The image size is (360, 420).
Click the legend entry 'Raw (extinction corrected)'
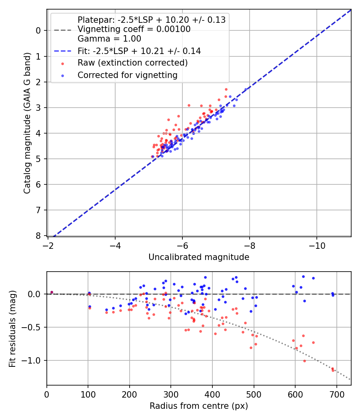pyautogui.click(x=132, y=63)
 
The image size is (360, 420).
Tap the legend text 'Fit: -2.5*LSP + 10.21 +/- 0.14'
pyautogui.click(x=139, y=51)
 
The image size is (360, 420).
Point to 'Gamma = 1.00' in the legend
pyautogui.click(x=109, y=39)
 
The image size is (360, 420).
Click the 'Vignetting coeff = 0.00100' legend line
pyautogui.click(x=134, y=29)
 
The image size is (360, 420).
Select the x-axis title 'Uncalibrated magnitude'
pyautogui.click(x=199, y=257)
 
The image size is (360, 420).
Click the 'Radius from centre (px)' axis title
pyautogui.click(x=199, y=406)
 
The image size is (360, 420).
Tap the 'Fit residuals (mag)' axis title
pyautogui.click(x=12, y=328)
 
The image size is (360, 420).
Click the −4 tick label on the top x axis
pyautogui.click(x=115, y=244)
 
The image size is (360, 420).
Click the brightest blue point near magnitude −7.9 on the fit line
pyautogui.click(x=246, y=90)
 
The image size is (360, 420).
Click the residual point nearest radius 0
pyautogui.click(x=52, y=292)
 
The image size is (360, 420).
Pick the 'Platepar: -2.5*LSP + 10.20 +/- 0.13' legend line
pyautogui.click(x=151, y=20)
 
